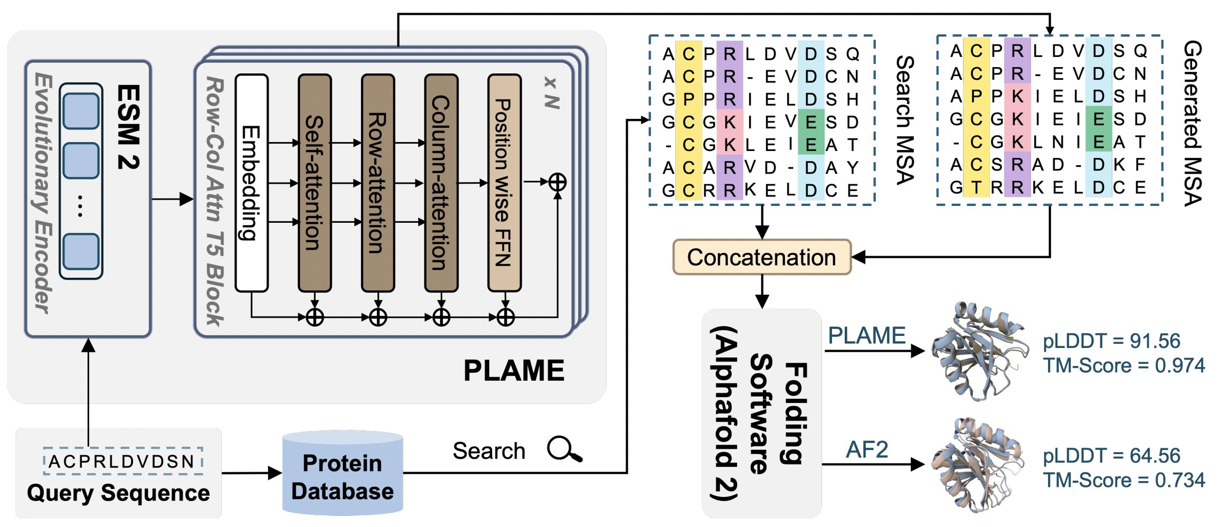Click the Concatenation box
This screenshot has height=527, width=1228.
761,257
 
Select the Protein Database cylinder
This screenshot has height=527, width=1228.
342,474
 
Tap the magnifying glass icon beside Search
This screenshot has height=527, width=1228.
564,449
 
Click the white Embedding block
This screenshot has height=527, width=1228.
251,183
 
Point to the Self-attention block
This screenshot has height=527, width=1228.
315,183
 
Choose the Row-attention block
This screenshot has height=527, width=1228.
377,183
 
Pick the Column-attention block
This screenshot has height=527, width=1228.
441,183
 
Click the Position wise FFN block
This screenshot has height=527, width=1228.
504,183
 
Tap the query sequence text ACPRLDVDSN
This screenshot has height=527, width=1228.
122,462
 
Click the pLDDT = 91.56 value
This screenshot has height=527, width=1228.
1111,341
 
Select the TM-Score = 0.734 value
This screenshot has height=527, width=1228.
1123,480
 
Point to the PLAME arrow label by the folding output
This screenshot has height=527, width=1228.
866,336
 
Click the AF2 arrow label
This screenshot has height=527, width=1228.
867,450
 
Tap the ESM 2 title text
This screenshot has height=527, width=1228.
128,127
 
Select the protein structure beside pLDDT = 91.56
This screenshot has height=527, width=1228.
979,351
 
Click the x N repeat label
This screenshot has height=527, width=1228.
552,93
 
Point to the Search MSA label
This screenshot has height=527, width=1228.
905,120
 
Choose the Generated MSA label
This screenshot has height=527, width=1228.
1193,123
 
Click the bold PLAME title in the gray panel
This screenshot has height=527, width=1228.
513,370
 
